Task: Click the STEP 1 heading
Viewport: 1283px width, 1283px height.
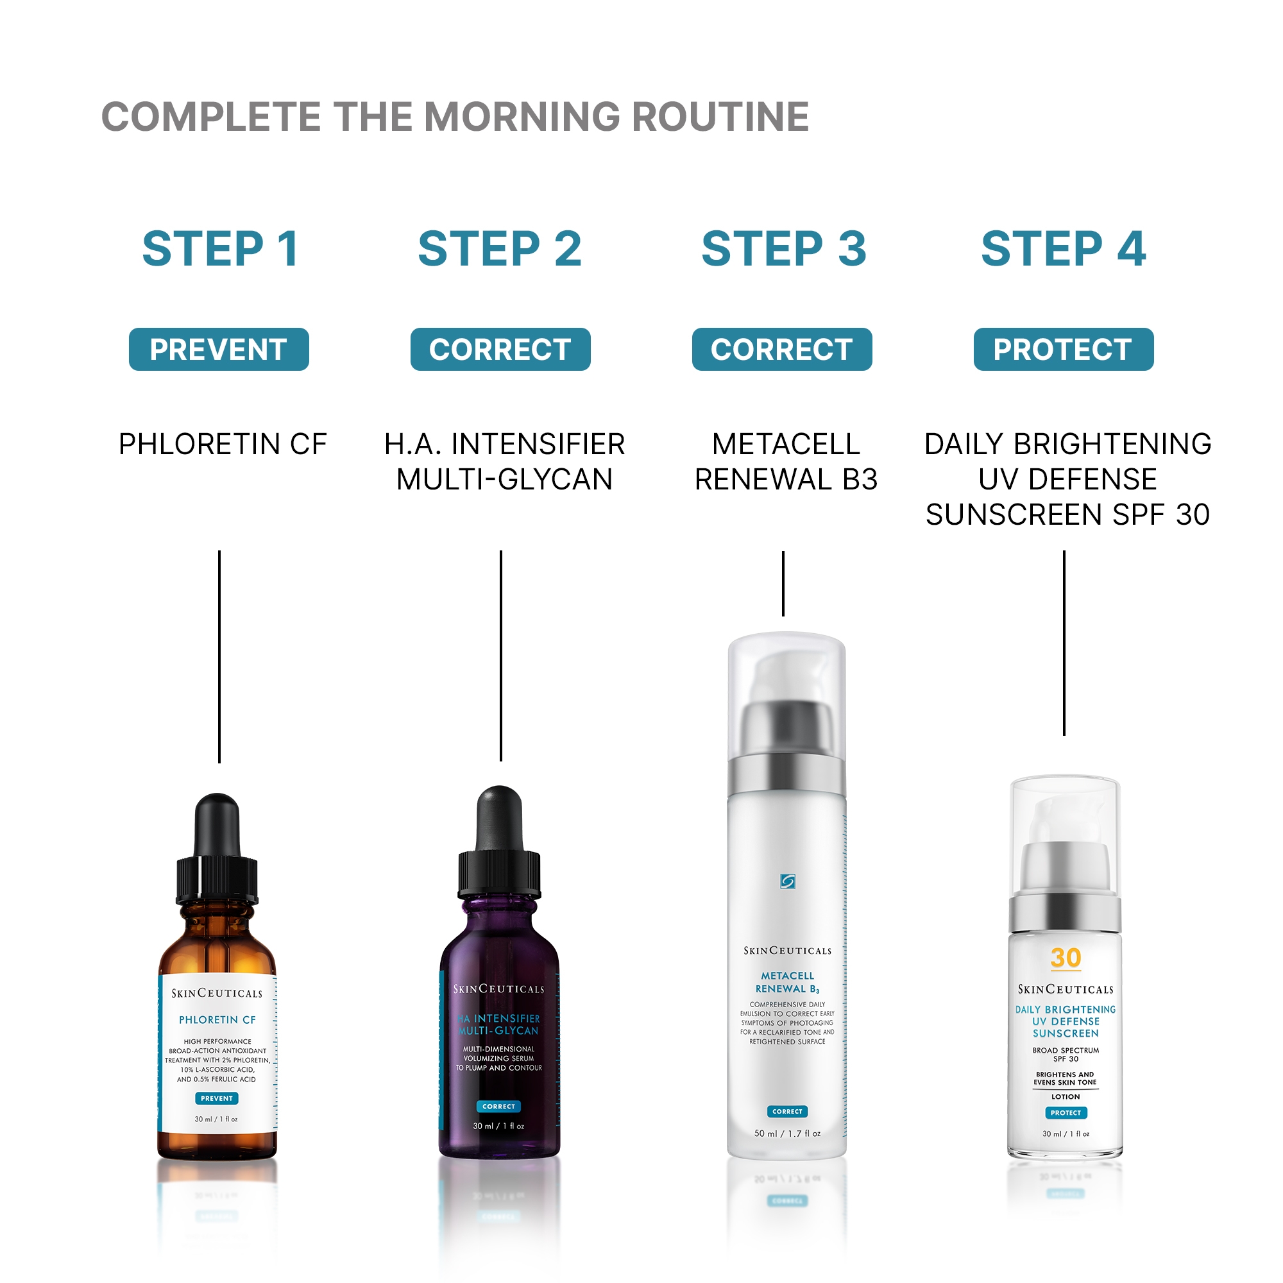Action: point(221,249)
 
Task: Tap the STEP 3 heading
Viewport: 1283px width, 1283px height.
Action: point(784,249)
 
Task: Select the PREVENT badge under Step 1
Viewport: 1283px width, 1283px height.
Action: point(219,350)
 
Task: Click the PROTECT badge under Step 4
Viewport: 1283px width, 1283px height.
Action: point(1063,350)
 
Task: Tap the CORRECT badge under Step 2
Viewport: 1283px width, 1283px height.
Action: point(500,350)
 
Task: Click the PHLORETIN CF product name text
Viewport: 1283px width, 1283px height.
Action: point(223,445)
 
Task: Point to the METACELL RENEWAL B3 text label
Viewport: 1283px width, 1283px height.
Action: point(786,461)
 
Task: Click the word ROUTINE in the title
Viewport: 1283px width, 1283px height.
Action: point(720,117)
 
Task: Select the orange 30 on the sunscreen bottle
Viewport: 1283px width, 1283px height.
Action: point(1066,958)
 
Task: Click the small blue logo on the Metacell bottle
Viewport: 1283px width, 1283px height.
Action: point(788,881)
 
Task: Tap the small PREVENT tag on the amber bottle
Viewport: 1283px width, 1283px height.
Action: point(216,1098)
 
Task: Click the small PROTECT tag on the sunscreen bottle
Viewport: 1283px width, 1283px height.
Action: point(1066,1112)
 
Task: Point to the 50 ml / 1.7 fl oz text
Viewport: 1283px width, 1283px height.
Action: point(787,1134)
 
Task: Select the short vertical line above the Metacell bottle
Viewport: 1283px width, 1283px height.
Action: point(783,583)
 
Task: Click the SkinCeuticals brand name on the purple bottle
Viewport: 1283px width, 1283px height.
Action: point(498,989)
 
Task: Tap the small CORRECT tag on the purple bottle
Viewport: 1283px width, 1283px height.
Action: point(498,1107)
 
